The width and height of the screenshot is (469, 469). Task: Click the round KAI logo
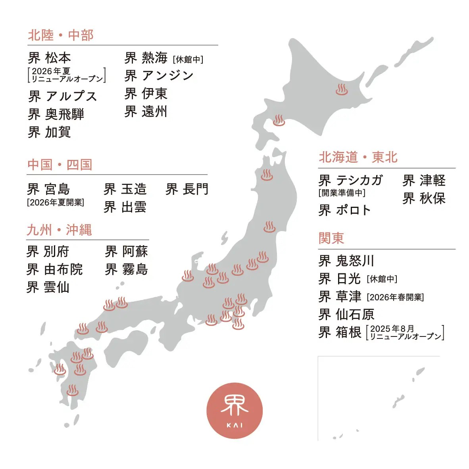pyautogui.click(x=234, y=410)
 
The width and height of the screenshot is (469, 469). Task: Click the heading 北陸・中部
pyautogui.click(x=61, y=35)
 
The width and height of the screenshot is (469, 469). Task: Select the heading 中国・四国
pyautogui.click(x=60, y=165)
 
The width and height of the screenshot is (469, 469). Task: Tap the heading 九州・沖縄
pyautogui.click(x=59, y=230)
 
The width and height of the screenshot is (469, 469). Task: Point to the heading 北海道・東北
pyautogui.click(x=358, y=157)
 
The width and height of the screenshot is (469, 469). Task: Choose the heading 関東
pyautogui.click(x=331, y=238)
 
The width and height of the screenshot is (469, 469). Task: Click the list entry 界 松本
pyautogui.click(x=50, y=58)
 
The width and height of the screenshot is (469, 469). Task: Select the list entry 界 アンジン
pyautogui.click(x=159, y=75)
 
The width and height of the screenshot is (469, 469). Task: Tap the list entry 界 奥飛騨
pyautogui.click(x=56, y=114)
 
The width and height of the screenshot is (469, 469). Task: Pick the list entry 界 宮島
pyautogui.click(x=48, y=189)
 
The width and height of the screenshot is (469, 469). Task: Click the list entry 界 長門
pyautogui.click(x=187, y=189)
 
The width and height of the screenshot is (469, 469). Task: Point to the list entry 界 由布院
pyautogui.click(x=54, y=269)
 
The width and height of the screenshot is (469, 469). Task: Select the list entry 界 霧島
pyautogui.click(x=126, y=269)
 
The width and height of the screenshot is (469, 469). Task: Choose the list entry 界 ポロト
pyautogui.click(x=344, y=210)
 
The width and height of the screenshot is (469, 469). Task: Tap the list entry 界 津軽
pyautogui.click(x=424, y=181)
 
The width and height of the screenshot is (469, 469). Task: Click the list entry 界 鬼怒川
pyautogui.click(x=346, y=261)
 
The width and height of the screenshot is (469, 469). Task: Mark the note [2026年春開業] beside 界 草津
pyautogui.click(x=395, y=297)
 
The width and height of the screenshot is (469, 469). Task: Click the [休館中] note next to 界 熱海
pyautogui.click(x=188, y=60)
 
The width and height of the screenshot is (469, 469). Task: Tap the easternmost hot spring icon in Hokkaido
pyautogui.click(x=341, y=89)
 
